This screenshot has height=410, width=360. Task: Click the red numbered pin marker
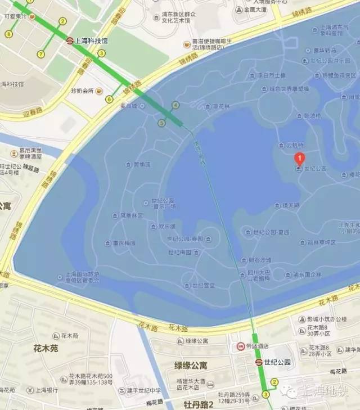pyautogui.click(x=300, y=159)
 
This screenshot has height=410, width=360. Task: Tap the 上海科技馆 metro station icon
pyautogui.click(x=70, y=40)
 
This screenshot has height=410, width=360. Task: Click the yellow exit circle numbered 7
pyautogui.click(x=40, y=54)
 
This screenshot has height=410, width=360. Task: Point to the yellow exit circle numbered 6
pyautogui.click(x=109, y=100)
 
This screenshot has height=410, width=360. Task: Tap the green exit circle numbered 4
pyautogui.click(x=176, y=105)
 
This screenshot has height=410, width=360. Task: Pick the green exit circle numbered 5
pyautogui.click(x=162, y=123)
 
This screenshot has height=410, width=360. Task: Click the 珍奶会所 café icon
pyautogui.click(x=99, y=91)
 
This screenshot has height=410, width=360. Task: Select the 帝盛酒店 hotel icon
pyautogui.click(x=241, y=346)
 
